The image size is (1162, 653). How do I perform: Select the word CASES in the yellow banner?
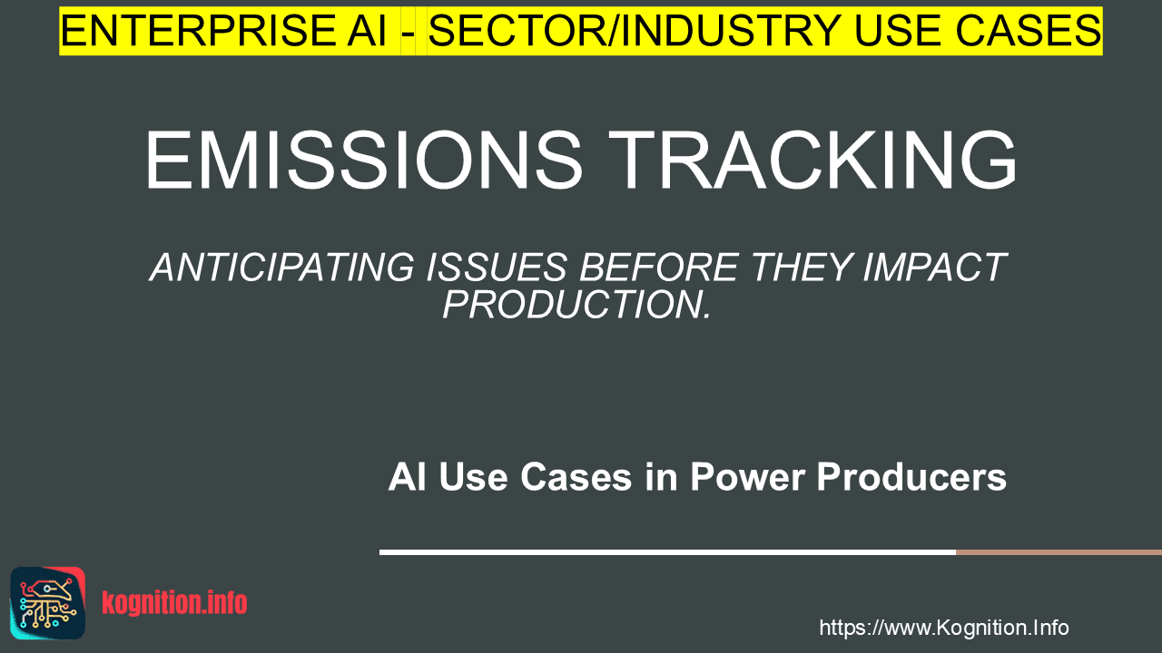[x=1029, y=31]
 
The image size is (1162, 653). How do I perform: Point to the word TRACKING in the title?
[x=812, y=160]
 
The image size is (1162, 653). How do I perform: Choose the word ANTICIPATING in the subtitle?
[x=282, y=268]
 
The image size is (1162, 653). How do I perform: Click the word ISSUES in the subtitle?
[x=497, y=268]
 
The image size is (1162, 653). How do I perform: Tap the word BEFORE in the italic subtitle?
[x=659, y=268]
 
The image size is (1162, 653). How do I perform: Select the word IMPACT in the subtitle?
[x=935, y=268]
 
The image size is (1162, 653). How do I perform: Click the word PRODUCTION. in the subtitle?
[x=576, y=305]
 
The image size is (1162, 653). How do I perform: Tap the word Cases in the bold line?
[x=576, y=477]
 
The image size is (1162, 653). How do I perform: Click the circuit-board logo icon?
[x=48, y=603]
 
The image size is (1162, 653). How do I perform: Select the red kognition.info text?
[x=174, y=603]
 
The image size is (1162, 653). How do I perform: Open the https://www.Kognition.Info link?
[x=944, y=628]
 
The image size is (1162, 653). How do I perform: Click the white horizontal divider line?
[x=667, y=552]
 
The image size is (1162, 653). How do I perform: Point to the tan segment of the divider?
[x=1059, y=552]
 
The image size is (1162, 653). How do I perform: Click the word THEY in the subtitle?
[x=802, y=268]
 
